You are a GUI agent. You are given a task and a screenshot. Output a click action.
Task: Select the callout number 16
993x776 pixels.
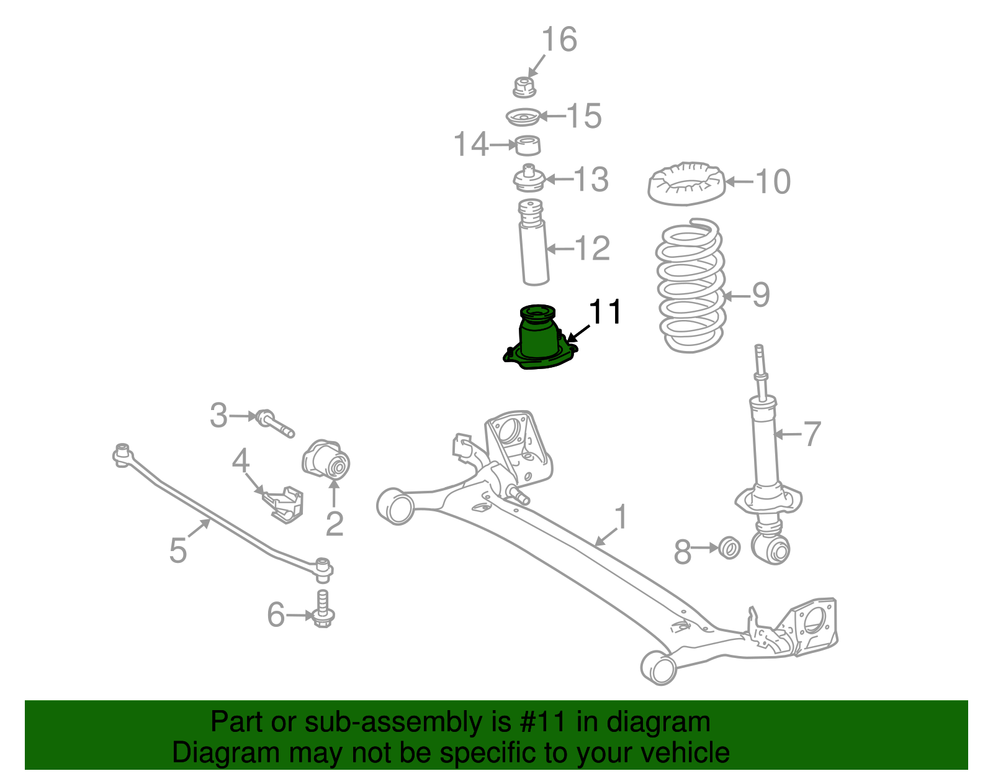559,40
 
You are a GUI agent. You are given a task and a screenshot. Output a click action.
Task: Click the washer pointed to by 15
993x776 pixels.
521,117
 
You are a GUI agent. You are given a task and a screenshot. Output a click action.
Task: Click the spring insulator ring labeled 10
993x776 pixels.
686,185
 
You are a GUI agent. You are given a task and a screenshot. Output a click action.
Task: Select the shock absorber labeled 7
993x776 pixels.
765,447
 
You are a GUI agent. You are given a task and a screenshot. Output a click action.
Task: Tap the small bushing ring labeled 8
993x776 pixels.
729,549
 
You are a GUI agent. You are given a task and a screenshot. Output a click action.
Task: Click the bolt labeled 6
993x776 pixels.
323,609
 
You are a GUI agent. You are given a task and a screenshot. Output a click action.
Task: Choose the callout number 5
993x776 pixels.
178,550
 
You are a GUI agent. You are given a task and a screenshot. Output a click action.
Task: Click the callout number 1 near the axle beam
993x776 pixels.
621,518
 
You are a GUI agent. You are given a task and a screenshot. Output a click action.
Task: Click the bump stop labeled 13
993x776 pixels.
528,179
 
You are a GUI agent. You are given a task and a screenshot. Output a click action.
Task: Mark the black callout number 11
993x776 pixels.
604,312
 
